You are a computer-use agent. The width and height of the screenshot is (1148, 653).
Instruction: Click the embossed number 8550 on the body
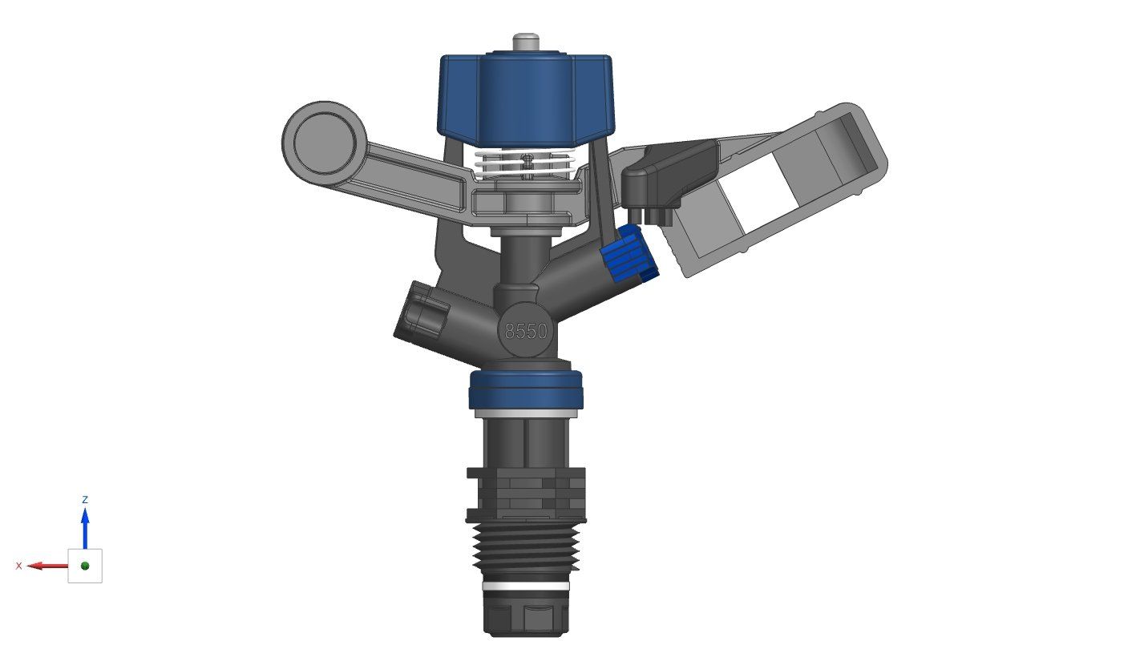526,331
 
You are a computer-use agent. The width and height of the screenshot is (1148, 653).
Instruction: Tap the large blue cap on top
526,96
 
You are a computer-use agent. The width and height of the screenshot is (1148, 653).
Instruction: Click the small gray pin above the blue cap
526,41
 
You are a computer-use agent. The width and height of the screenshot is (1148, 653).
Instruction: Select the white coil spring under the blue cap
526,163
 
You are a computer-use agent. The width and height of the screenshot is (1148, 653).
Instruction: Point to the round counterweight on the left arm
324,141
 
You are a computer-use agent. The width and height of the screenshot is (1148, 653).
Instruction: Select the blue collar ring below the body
526,389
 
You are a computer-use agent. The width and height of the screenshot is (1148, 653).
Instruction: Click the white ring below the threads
526,586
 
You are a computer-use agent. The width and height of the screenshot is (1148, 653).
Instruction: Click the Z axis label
85,499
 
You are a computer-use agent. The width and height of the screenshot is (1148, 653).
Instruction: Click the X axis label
19,566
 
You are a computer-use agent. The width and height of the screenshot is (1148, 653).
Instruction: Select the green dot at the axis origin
85,566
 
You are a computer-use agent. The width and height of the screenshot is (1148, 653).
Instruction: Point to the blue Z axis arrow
85,525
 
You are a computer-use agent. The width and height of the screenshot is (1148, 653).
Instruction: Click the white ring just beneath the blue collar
526,413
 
